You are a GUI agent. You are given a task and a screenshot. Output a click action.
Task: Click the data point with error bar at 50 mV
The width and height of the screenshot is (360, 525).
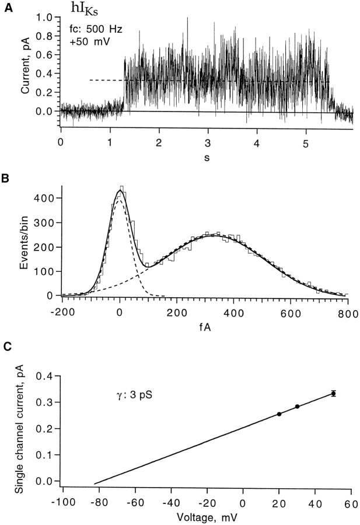[x=333, y=394]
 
